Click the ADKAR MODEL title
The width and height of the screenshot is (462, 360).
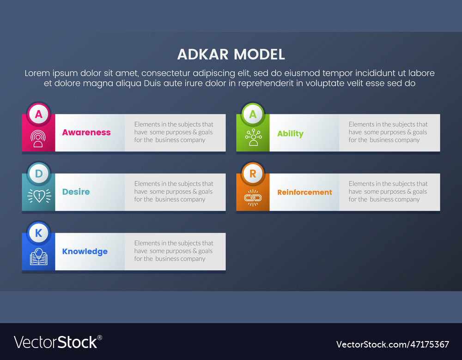[x=231, y=54]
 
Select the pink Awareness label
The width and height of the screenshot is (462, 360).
[x=86, y=132]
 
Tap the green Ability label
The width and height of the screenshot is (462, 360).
[x=290, y=134]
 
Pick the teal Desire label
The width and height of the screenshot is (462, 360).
[x=76, y=192]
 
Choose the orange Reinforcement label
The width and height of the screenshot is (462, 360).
[x=304, y=192]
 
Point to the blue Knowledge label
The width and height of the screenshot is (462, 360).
[x=85, y=252]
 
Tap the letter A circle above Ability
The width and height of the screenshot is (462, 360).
[x=253, y=114]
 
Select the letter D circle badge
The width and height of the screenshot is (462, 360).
[x=38, y=174]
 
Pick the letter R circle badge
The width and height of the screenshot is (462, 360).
[x=253, y=174]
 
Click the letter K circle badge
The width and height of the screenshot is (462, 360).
[x=38, y=233]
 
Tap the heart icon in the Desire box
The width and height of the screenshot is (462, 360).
[x=39, y=196]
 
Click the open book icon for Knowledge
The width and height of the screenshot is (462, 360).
[x=38, y=257]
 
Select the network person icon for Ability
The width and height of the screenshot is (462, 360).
[x=253, y=138]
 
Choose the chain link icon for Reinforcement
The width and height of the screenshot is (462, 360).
[x=253, y=198]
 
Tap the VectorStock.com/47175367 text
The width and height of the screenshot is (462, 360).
[x=392, y=344]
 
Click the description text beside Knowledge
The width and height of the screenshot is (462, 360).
[x=174, y=251]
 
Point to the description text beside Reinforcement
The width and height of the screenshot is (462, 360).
[x=388, y=192]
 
